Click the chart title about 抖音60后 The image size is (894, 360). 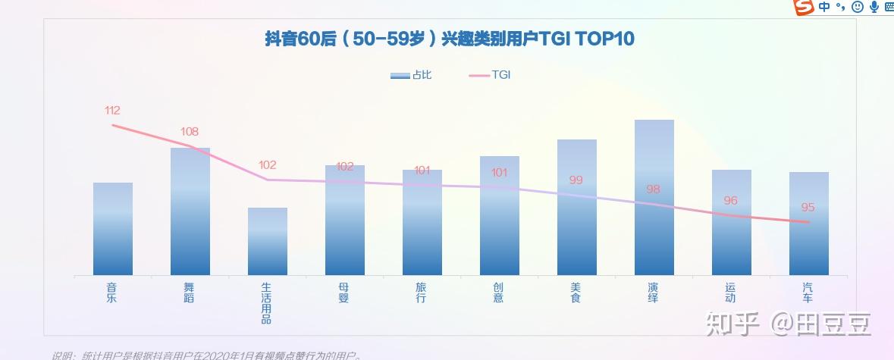pos(450,39)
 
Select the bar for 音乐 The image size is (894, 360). pos(113,229)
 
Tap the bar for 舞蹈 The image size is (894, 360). pos(190,211)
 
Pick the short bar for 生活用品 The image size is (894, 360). pos(268,241)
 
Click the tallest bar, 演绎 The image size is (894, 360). pos(654,197)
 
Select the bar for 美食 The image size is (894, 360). pos(577,207)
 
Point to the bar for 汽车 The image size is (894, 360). pos(809,224)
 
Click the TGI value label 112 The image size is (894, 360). pos(112,111)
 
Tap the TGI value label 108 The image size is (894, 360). pos(190,132)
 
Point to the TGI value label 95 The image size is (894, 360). pos(808,208)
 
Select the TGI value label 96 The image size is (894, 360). pos(730,201)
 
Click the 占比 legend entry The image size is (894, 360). pos(411,75)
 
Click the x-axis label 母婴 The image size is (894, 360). pos(344,293)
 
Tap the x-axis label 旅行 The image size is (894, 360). pos(422,293)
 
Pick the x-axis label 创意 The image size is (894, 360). pos(499,293)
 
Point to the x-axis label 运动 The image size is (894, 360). pos(731,293)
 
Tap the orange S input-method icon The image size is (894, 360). pos(802,8)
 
